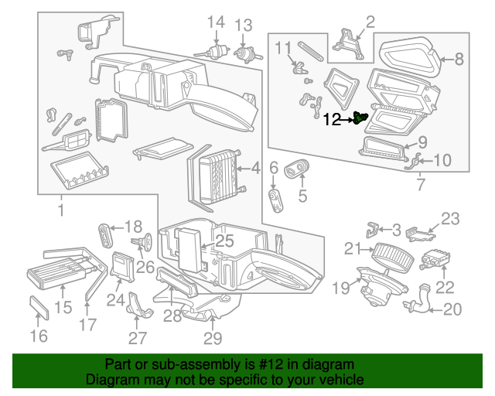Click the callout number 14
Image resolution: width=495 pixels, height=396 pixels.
(216, 22)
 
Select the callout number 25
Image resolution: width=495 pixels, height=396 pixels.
(224, 241)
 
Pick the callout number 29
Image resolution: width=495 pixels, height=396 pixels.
(213, 337)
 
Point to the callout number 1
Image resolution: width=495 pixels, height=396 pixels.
(60, 210)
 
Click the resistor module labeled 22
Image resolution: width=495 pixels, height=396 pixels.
(435, 261)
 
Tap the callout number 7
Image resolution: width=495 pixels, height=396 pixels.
(420, 186)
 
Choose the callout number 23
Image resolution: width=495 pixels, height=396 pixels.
(450, 218)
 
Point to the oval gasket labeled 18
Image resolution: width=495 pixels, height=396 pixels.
(107, 233)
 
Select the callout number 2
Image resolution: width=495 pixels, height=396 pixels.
(370, 21)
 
